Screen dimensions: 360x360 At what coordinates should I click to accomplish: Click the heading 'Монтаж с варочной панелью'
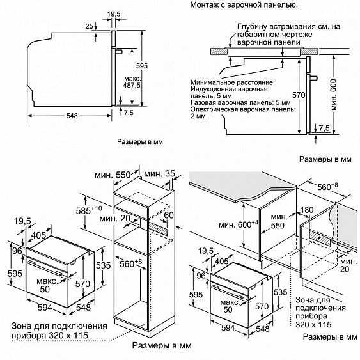click(244, 5)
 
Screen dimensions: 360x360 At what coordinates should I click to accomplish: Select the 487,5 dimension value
click(132, 86)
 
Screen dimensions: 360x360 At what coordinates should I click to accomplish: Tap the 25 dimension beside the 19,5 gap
click(90, 26)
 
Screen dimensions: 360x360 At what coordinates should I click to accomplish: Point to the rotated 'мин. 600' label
click(333, 95)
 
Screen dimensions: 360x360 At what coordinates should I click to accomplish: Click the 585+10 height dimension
click(89, 210)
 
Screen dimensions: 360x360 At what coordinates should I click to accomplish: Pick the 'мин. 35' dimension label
click(159, 174)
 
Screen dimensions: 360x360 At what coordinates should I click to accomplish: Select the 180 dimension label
click(307, 210)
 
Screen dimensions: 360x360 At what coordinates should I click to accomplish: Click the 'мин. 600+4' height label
click(239, 224)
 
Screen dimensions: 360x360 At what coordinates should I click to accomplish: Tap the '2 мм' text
click(198, 116)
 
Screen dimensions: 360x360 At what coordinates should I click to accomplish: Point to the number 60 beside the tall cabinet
click(169, 215)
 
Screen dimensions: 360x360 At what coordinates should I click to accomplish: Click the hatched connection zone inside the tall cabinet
click(158, 229)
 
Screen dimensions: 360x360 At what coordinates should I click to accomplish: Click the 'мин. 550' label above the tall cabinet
click(113, 175)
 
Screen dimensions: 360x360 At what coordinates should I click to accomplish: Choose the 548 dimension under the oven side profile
click(72, 116)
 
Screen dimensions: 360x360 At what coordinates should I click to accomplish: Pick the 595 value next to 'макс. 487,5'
click(142, 66)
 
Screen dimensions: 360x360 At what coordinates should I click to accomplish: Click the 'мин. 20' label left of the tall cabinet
click(114, 218)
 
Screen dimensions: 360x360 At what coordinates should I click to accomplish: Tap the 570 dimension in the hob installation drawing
click(299, 95)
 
